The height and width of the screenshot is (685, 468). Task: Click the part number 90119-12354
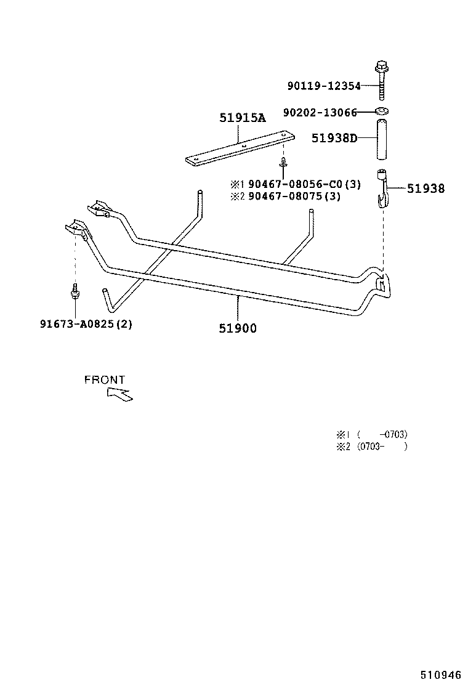click(x=324, y=87)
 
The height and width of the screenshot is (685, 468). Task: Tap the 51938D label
click(x=334, y=139)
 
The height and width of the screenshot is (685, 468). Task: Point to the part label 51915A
click(x=243, y=118)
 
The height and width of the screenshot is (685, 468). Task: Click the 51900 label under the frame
click(x=238, y=328)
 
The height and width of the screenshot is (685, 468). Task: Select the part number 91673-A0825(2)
click(x=86, y=324)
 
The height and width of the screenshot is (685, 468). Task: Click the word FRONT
click(x=105, y=380)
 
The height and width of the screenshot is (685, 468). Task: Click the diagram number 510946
click(x=441, y=675)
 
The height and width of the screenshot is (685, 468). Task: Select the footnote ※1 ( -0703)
click(x=371, y=434)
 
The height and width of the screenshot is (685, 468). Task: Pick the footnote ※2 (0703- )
click(x=371, y=447)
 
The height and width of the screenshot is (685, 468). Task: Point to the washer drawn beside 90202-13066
click(x=382, y=111)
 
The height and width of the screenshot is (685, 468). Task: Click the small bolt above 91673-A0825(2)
click(x=75, y=290)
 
